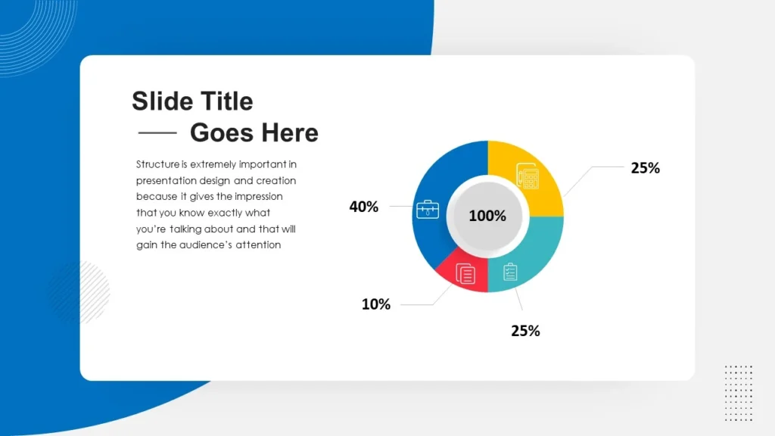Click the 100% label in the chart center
click(x=487, y=216)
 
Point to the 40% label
click(x=363, y=207)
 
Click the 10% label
click(x=375, y=304)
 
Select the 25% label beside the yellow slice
click(x=645, y=168)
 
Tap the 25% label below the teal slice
click(x=525, y=331)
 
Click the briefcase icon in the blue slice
click(x=428, y=210)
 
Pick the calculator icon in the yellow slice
click(x=528, y=177)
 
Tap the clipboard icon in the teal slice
click(x=511, y=270)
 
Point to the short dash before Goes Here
click(x=157, y=132)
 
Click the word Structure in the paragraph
click(x=157, y=163)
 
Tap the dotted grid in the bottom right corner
click(x=738, y=392)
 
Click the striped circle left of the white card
click(x=79, y=291)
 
